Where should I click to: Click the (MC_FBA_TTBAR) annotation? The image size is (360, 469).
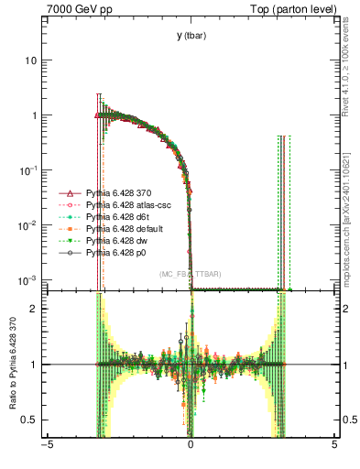click(191, 274)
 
